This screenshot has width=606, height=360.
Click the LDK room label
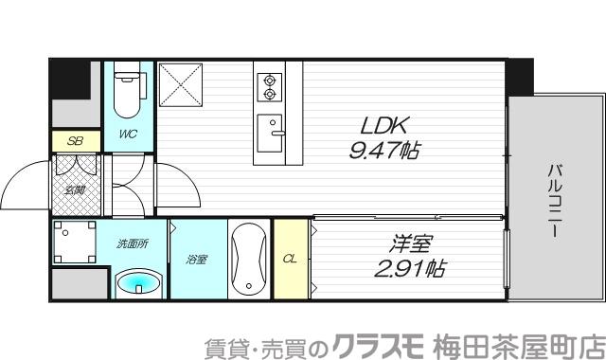(384, 123)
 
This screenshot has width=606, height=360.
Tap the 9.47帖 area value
(383, 149)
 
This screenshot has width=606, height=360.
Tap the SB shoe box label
(73, 140)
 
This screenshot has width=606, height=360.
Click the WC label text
(128, 135)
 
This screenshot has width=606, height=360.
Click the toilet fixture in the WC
(126, 92)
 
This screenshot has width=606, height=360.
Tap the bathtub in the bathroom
(249, 260)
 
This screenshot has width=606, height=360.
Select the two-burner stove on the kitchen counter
(270, 86)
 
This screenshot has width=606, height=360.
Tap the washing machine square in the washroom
(73, 243)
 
